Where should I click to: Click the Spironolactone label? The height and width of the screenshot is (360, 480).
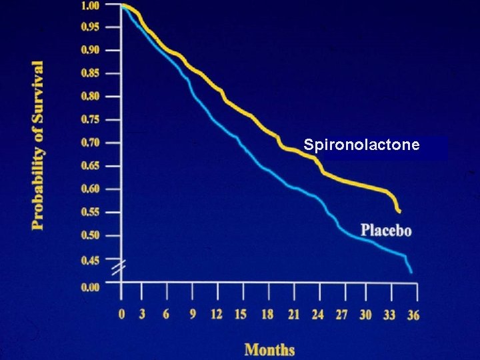tap(361, 144)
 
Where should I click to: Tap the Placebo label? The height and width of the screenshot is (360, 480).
tap(386, 231)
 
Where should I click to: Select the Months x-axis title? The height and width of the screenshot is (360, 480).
tap(269, 349)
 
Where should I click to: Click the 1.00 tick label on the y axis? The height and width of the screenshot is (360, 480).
tap(90, 5)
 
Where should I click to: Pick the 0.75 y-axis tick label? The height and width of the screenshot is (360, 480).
tap(90, 119)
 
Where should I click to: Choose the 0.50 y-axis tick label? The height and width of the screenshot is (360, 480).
tap(90, 235)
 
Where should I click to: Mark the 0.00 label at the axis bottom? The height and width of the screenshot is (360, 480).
tap(90, 287)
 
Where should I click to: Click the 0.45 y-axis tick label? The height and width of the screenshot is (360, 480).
tap(90, 260)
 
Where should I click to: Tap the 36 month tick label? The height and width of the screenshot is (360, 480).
tap(413, 315)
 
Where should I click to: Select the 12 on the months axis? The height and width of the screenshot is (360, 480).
tap(217, 315)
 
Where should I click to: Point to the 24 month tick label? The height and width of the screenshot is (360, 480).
tap(317, 315)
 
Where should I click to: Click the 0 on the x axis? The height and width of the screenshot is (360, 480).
tap(121, 315)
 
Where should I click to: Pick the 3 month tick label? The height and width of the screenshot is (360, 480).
tap(142, 315)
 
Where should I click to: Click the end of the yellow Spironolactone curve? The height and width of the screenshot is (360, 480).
tap(399, 211)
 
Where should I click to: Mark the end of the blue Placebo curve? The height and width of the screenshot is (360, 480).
tap(411, 271)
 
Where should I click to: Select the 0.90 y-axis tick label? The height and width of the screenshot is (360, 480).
tap(90, 50)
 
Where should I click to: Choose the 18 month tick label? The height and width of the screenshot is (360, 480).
tap(267, 315)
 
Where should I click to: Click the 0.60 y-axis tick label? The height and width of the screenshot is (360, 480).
tap(90, 189)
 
